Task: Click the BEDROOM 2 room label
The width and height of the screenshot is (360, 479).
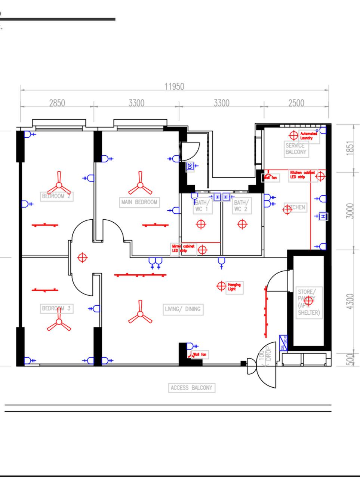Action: (x=57, y=196)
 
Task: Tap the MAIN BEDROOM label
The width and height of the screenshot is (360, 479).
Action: (x=139, y=202)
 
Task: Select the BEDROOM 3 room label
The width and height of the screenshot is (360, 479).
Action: (x=56, y=308)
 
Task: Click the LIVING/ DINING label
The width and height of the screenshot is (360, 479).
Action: (x=183, y=309)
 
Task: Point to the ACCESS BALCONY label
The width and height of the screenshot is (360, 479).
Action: (x=191, y=388)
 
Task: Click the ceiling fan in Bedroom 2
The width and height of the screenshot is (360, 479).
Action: (x=59, y=183)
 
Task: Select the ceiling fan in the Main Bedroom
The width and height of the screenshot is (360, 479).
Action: (x=140, y=185)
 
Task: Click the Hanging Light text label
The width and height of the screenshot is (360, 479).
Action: (x=234, y=287)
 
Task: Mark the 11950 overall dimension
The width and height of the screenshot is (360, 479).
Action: (x=174, y=86)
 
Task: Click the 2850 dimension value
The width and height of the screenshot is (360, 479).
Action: (x=57, y=103)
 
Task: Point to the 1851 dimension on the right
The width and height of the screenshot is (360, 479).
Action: (x=350, y=149)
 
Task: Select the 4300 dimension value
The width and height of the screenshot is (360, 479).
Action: (x=350, y=302)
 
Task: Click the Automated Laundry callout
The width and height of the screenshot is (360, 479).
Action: (x=308, y=136)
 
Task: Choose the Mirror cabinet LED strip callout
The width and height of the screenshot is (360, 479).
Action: (x=183, y=248)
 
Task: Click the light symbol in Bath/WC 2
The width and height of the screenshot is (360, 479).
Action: (x=242, y=224)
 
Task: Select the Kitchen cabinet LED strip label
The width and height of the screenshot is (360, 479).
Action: (x=302, y=175)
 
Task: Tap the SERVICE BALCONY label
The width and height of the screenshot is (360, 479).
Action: (x=296, y=149)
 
